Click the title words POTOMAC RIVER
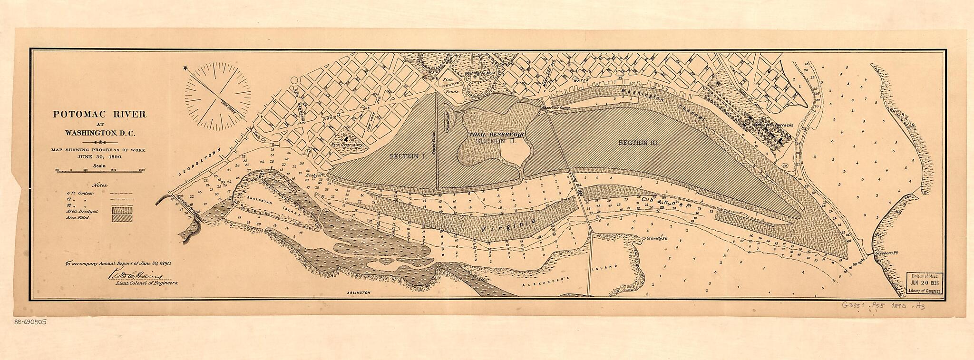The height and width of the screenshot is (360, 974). pyautogui.click(x=99, y=115)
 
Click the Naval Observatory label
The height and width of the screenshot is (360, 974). pyautogui.click(x=345, y=144)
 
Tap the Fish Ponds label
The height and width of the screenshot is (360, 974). pyautogui.click(x=449, y=85)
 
